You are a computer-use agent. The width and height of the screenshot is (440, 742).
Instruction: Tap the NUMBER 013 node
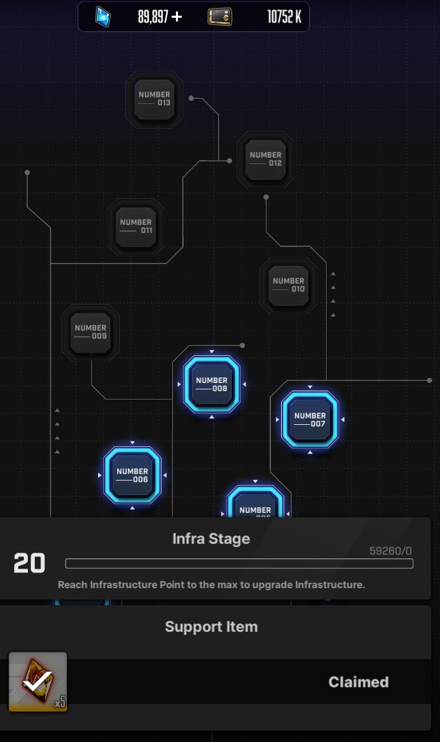click(x=154, y=99)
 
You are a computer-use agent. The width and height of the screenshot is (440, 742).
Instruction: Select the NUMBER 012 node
click(x=265, y=159)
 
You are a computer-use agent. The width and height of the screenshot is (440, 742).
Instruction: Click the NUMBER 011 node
click(x=135, y=227)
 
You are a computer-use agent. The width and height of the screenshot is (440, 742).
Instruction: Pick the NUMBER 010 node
click(x=288, y=285)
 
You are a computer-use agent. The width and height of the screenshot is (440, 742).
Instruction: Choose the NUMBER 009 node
click(x=91, y=332)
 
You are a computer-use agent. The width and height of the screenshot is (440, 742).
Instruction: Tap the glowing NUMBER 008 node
click(x=211, y=384)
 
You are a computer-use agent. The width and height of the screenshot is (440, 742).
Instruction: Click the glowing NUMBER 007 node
click(x=310, y=420)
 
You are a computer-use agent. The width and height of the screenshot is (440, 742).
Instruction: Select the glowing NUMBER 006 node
click(x=132, y=475)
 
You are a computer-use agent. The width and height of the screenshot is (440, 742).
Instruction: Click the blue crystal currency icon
click(x=103, y=17)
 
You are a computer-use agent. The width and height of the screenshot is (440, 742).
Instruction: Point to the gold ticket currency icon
click(x=220, y=17)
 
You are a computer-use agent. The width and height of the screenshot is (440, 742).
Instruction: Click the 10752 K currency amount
click(x=284, y=17)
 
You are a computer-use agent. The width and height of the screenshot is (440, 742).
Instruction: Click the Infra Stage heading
click(x=211, y=539)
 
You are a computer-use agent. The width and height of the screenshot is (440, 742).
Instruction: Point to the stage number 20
click(x=29, y=563)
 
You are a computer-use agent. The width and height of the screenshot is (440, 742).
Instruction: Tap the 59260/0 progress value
click(x=390, y=551)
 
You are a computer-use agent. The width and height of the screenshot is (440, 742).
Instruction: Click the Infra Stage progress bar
click(x=239, y=563)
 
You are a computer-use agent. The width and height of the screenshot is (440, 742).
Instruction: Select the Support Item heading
click(x=211, y=627)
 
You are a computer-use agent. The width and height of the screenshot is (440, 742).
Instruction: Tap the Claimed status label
click(x=358, y=682)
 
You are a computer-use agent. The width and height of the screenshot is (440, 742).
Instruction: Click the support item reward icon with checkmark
click(x=37, y=682)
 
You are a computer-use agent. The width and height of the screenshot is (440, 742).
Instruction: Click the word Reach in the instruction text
click(x=71, y=584)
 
